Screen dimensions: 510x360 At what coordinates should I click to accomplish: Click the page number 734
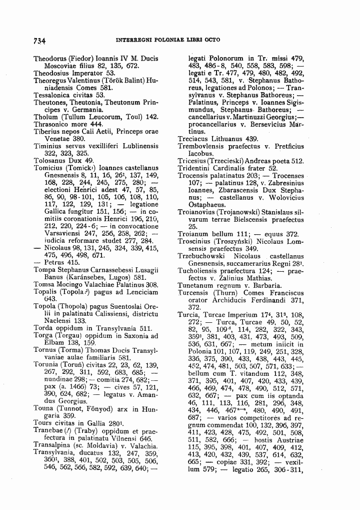click(39, 40)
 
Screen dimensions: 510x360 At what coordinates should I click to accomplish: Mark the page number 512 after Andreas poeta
click(297, 161)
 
